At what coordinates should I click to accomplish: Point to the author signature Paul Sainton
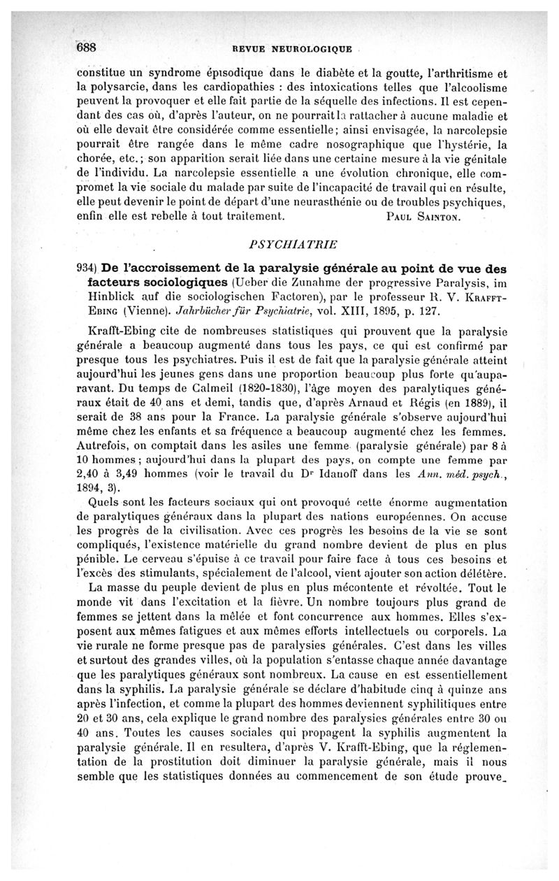pos(424,217)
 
